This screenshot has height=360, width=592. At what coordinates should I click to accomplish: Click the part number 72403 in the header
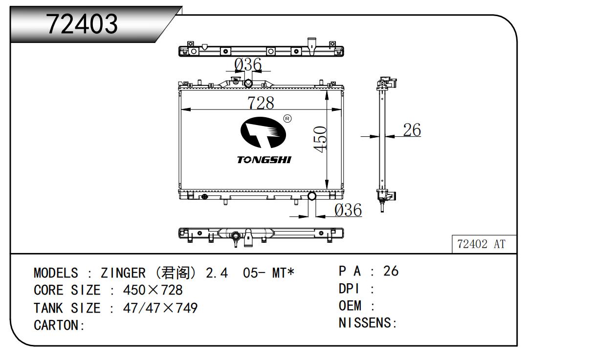pos(82,24)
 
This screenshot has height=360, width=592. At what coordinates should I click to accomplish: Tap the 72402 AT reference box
pos(481,244)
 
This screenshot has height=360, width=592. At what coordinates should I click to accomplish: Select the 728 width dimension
pos(260,103)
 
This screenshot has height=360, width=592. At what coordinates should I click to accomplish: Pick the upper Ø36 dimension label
pos(248,64)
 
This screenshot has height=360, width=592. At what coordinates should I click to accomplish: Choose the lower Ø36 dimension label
pos(348,211)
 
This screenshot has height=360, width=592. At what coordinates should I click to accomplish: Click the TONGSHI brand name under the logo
pos(264,160)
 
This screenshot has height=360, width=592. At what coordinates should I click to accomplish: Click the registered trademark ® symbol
pos(287,119)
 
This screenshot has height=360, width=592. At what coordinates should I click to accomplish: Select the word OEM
pos(350,306)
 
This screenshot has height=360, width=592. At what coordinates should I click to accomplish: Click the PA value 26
pos(391,271)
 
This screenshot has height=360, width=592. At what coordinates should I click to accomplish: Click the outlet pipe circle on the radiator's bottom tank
pos(311,196)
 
